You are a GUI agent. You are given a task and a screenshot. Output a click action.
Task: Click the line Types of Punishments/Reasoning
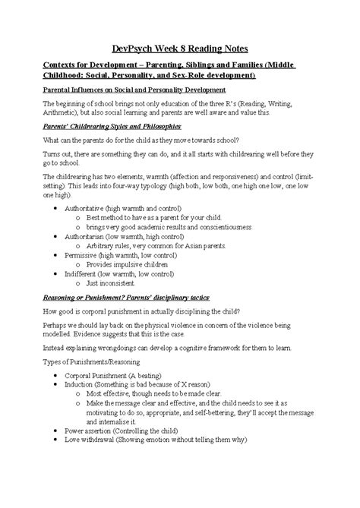click(x=100, y=363)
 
